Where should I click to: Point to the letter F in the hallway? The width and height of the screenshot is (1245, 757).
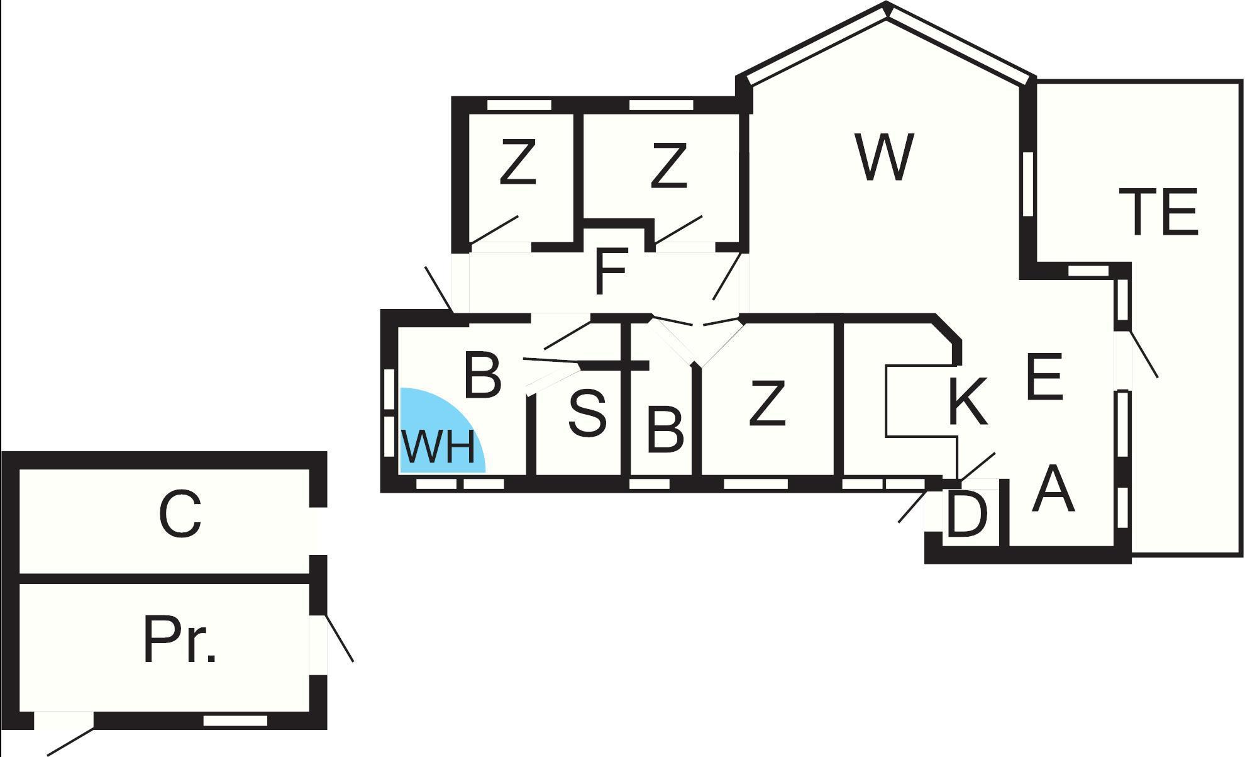click(x=611, y=272)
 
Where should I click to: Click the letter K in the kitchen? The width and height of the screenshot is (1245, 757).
click(x=967, y=401)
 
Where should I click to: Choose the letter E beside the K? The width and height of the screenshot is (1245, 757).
click(x=1044, y=377)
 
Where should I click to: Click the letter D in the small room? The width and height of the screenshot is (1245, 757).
click(x=966, y=515)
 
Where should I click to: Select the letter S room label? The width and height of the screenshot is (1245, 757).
click(x=587, y=413)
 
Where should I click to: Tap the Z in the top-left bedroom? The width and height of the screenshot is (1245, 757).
click(x=517, y=164)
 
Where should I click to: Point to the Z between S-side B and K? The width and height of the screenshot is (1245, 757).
click(x=767, y=403)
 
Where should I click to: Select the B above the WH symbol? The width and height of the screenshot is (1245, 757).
click(x=482, y=376)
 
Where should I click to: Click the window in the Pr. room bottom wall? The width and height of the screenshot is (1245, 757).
click(x=235, y=721)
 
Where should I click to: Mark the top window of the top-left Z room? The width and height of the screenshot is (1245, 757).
click(x=519, y=105)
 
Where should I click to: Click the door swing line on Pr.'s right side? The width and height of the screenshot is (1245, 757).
click(x=338, y=638)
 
